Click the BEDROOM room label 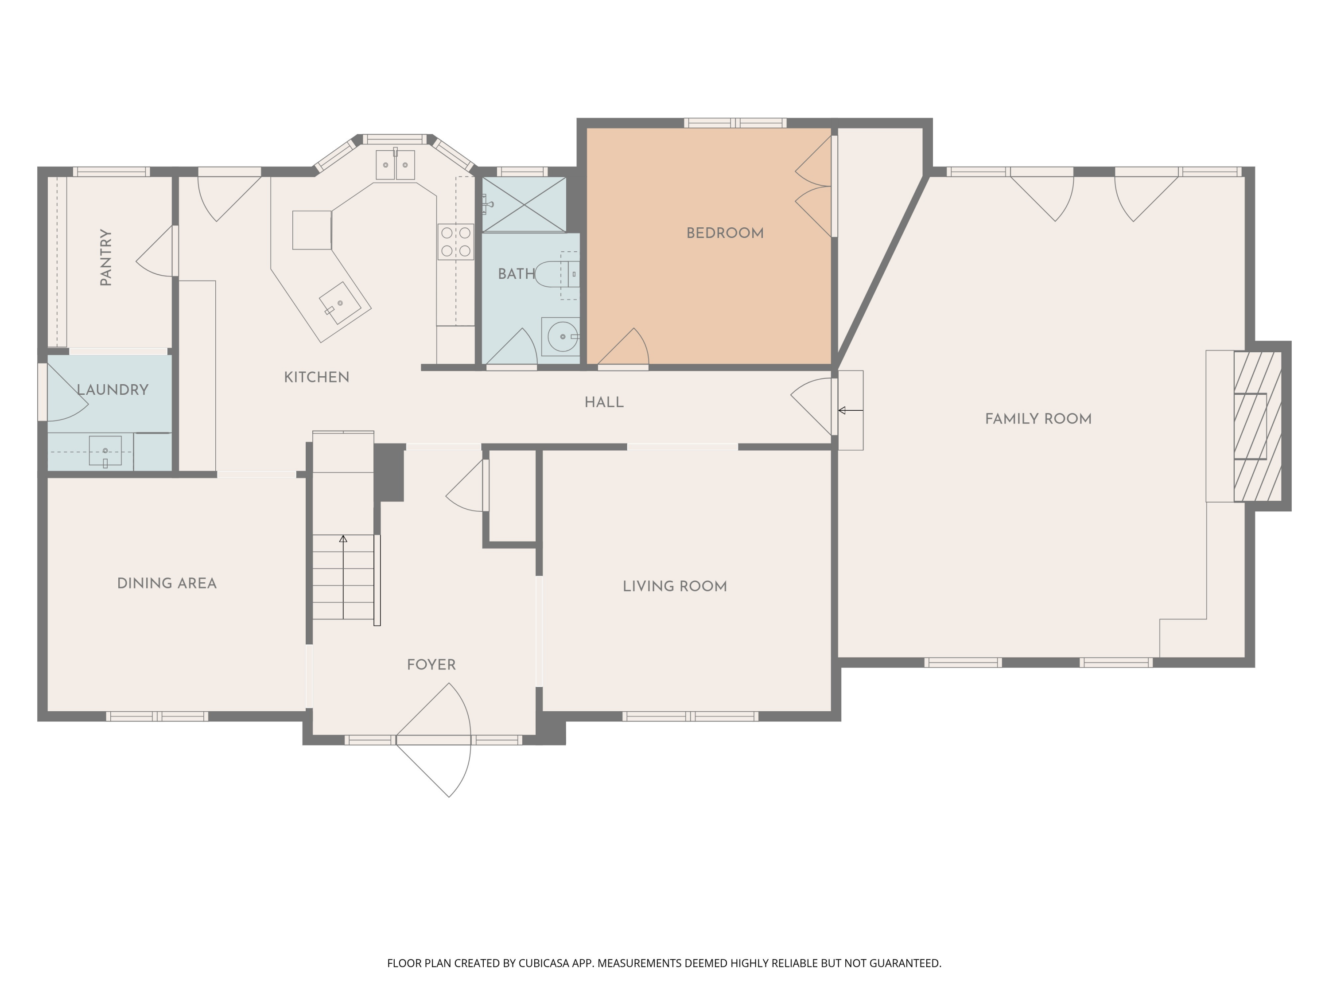point(725,233)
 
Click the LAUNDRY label point(113,390)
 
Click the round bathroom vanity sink point(562,336)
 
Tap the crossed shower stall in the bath point(524,204)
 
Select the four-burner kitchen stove point(455,241)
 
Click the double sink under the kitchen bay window point(395,165)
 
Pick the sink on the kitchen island point(340,304)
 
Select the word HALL point(604,403)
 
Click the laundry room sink point(105,451)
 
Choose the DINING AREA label point(167,584)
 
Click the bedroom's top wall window point(735,123)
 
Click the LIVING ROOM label point(674,587)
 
